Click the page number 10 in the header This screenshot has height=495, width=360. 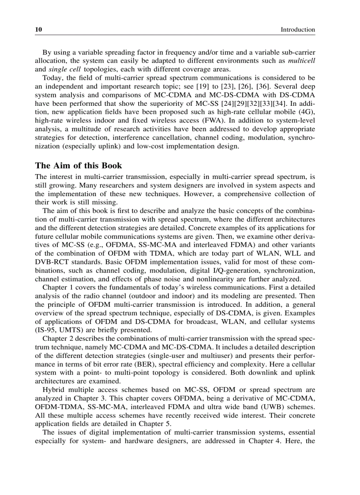38,30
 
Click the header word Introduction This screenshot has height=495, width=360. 298,30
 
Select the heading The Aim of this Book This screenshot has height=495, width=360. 78,166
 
